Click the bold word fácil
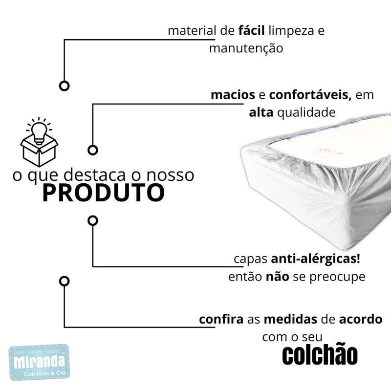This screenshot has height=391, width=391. tap(251, 31)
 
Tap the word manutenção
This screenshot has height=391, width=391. tap(246, 48)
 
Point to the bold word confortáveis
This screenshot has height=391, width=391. tap(310, 94)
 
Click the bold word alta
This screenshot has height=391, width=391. tap(261, 112)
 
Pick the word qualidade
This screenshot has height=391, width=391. tap(306, 112)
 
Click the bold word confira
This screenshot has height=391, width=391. tap(221, 320)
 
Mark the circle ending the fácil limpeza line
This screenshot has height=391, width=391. tap(64, 86)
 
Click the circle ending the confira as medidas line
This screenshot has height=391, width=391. tap(64, 281)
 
